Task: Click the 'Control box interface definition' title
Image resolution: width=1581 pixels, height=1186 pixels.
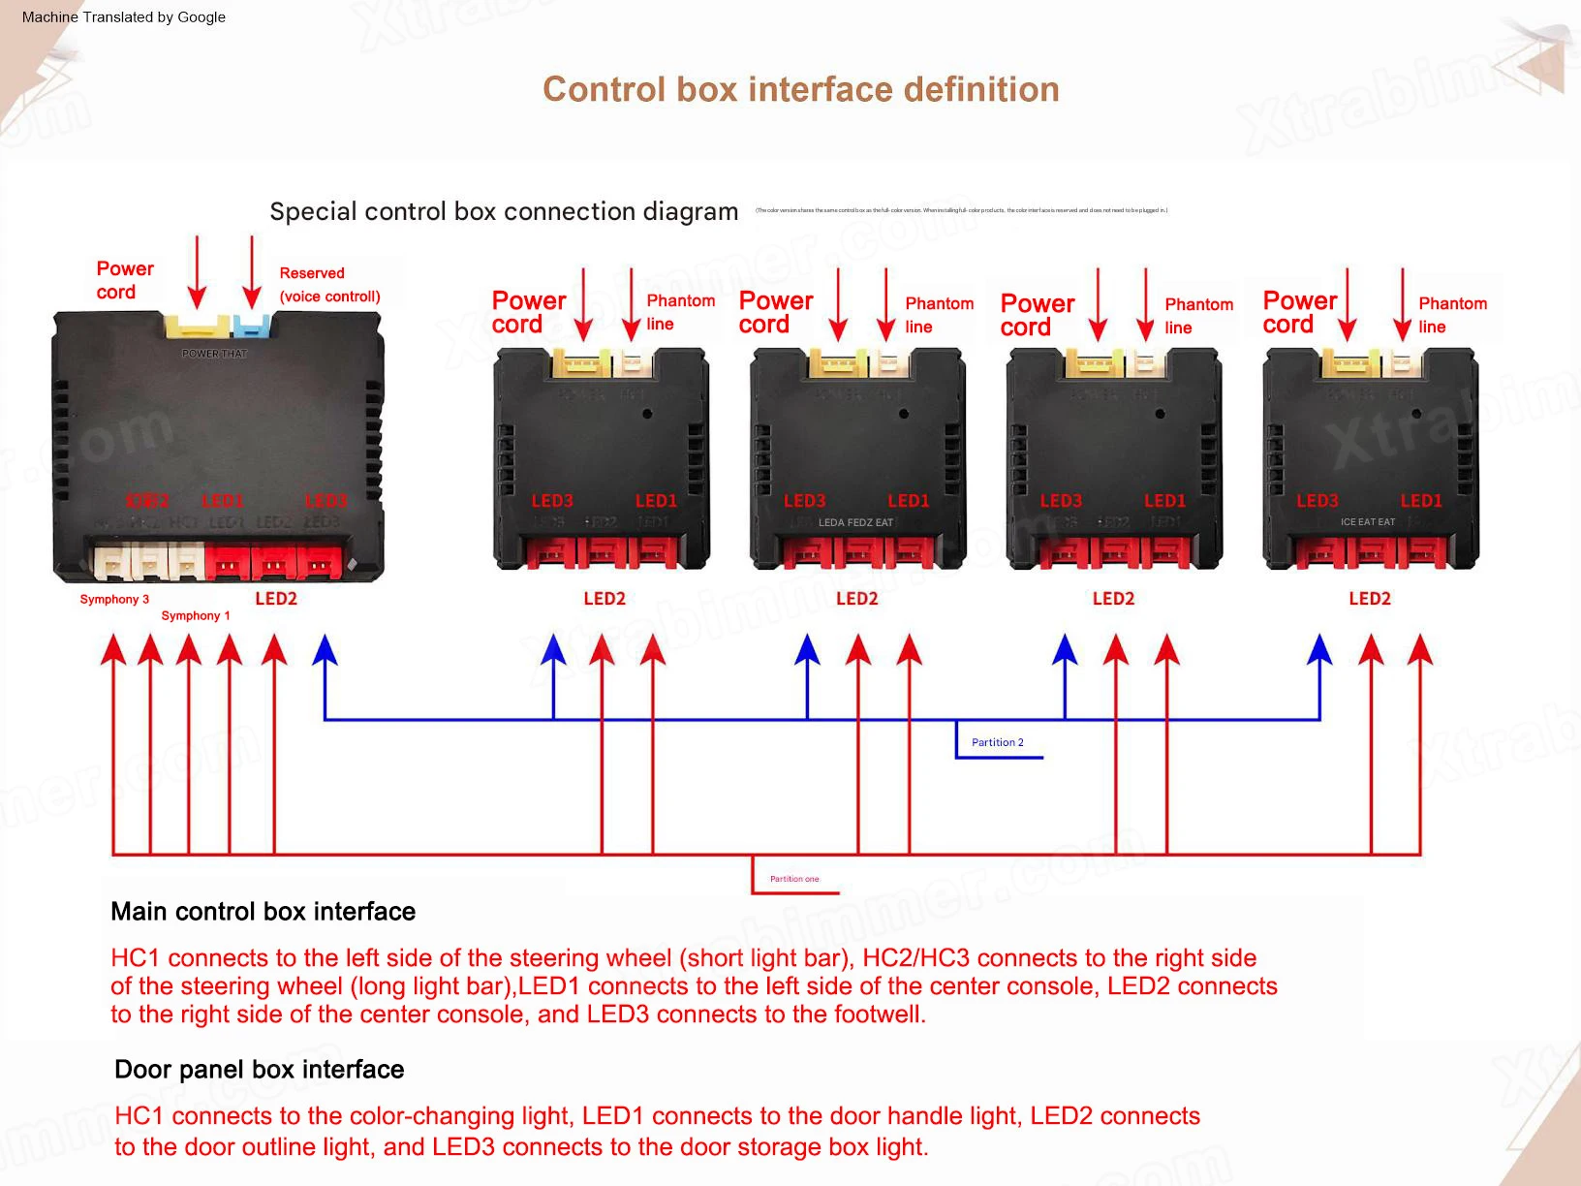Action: tap(800, 90)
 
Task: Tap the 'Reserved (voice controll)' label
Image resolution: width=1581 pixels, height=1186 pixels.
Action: tap(329, 285)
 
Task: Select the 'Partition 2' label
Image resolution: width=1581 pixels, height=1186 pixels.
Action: tap(997, 742)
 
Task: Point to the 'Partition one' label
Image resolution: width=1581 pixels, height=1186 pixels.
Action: tap(794, 879)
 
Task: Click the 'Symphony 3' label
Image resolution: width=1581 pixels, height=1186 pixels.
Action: tap(114, 600)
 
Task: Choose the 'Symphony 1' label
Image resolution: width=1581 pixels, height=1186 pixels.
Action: tap(196, 616)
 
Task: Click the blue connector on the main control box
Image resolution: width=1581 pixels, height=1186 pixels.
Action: tap(252, 325)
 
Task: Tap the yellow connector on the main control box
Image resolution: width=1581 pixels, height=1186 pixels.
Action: tap(197, 325)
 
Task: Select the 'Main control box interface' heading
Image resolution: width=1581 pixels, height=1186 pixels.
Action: tap(263, 912)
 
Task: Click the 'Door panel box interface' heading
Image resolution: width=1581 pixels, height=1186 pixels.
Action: tap(259, 1070)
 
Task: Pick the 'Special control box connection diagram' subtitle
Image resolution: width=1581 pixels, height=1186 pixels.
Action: tap(504, 212)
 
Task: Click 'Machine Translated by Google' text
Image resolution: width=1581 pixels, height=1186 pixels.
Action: tap(123, 17)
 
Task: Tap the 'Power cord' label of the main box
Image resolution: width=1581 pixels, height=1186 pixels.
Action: tap(124, 280)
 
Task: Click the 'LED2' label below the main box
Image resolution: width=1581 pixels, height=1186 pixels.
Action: tap(276, 599)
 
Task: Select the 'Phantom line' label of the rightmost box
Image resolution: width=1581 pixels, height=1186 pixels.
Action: tap(1451, 315)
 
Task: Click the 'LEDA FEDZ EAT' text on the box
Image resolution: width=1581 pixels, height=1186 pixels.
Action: tap(855, 522)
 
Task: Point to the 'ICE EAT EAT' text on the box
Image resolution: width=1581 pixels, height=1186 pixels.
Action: tap(1368, 522)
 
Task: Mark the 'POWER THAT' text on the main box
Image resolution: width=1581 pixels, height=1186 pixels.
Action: tap(214, 354)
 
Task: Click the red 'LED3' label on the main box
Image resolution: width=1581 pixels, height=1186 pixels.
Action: tap(325, 501)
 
